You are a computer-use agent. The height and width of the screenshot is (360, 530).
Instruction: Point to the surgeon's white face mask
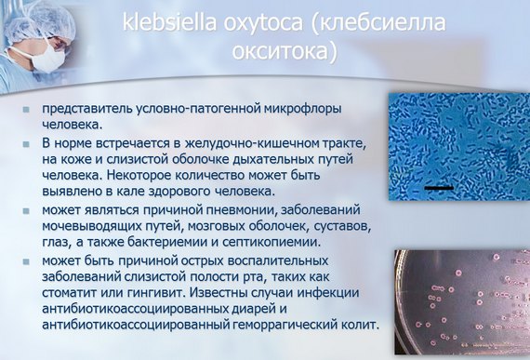pos(46,59)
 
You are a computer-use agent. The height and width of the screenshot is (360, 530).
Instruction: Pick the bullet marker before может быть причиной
pos(29,259)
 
